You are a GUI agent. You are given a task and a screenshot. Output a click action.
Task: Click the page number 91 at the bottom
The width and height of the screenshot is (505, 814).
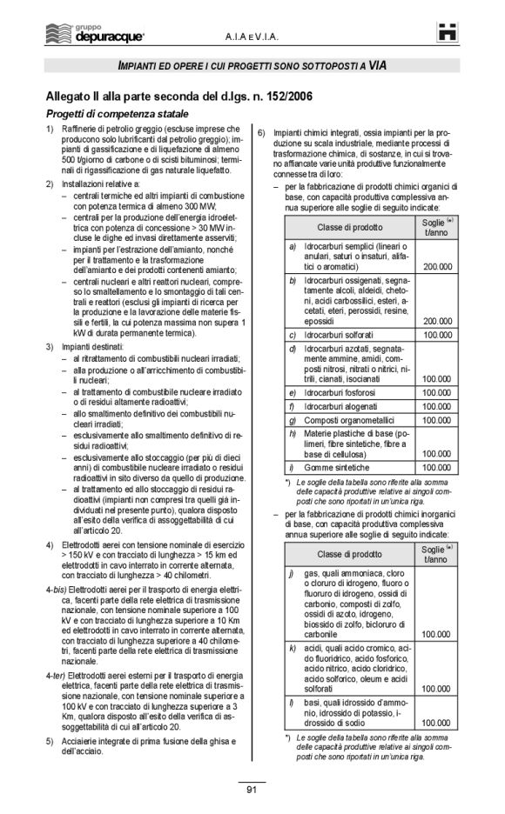252,790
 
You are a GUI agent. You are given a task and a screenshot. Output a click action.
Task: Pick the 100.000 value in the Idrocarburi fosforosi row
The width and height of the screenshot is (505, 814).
436,392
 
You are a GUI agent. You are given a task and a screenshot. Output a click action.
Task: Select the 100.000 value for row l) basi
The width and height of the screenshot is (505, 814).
436,722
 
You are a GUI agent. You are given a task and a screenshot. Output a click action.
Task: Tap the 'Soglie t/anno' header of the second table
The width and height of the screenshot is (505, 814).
436,553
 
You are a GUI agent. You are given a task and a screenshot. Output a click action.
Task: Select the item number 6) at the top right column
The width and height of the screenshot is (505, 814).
262,131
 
